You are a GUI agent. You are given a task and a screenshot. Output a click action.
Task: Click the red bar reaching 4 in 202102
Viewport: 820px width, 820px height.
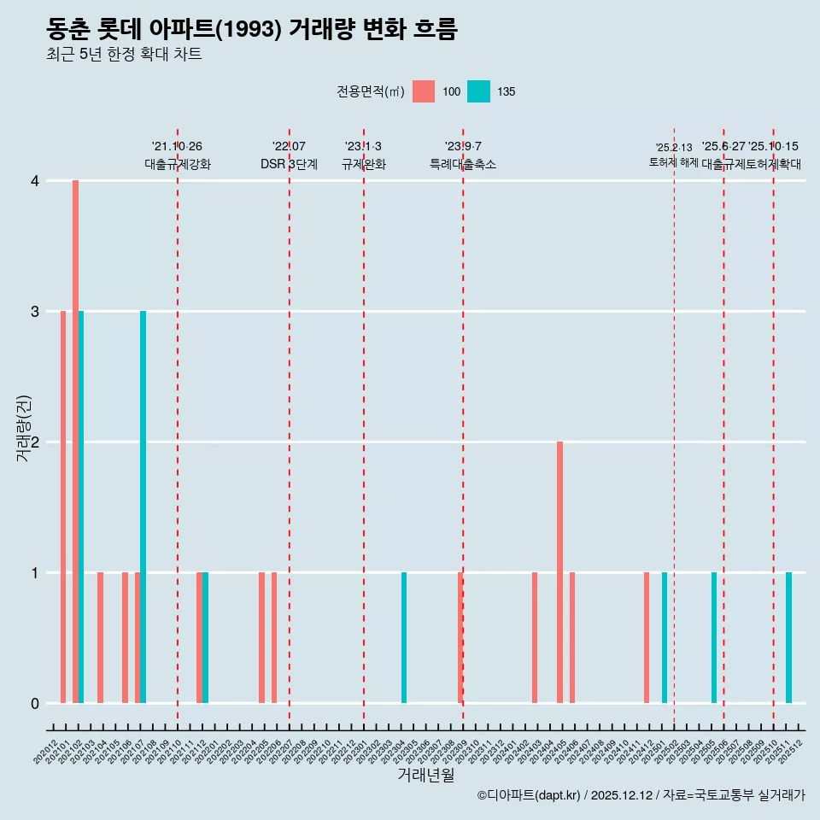[x=75, y=442]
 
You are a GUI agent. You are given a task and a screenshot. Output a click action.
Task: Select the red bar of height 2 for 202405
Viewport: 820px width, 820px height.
[x=559, y=572]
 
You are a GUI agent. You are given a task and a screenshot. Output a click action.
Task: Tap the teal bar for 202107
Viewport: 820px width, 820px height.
[x=143, y=507]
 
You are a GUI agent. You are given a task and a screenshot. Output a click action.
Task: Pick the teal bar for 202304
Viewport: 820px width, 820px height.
[x=404, y=637]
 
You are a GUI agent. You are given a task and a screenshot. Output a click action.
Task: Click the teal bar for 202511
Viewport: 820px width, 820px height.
[x=788, y=637]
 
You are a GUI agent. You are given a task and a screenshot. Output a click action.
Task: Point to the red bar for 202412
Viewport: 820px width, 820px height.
[x=647, y=637]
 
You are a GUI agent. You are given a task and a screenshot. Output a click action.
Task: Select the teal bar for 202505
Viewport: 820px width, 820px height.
[x=714, y=637]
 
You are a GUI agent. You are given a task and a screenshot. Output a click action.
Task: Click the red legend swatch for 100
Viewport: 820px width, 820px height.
[x=424, y=91]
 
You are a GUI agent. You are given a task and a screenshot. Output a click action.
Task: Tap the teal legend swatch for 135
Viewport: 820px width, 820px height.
[x=478, y=91]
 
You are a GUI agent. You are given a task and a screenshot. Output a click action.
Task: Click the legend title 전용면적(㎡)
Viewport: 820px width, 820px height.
[x=370, y=91]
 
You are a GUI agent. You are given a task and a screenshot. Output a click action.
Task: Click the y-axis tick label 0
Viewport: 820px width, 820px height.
[x=35, y=703]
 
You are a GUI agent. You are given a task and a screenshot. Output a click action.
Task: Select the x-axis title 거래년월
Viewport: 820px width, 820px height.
[x=425, y=775]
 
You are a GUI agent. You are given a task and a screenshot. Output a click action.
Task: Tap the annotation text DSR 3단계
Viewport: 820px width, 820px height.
[x=289, y=164]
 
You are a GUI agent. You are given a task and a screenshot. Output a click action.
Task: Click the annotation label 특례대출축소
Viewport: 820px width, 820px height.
[x=462, y=164]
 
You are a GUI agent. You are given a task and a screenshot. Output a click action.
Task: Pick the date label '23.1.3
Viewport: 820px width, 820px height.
[x=363, y=147]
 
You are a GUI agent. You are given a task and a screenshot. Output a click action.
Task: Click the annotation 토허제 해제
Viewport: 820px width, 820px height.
[x=674, y=162]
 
